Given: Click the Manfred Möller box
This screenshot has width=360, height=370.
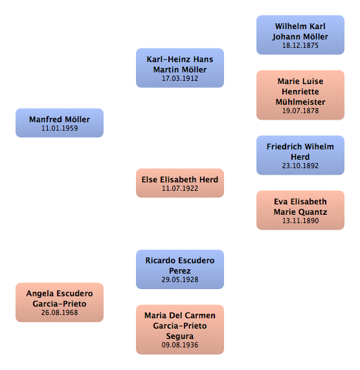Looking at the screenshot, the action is (x=60, y=123).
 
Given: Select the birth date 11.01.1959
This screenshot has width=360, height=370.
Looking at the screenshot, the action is (x=60, y=128).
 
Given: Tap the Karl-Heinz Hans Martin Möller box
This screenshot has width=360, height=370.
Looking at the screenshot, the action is (x=180, y=68).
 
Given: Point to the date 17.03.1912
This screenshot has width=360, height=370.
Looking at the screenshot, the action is (x=180, y=78).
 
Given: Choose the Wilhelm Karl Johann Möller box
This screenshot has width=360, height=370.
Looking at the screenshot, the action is (x=300, y=35).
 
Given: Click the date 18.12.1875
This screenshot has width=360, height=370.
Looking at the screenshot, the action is (x=300, y=45).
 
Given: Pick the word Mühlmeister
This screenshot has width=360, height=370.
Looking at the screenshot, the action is (x=300, y=102).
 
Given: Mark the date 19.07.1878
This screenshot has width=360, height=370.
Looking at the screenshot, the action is (x=300, y=111).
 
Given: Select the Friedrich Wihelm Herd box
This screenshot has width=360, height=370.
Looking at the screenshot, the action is (x=300, y=155).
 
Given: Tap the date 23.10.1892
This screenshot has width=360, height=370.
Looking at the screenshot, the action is (x=300, y=166).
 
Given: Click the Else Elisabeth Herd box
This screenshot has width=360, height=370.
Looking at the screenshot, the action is (x=180, y=183).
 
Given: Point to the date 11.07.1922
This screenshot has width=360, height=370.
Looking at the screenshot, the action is (x=180, y=188).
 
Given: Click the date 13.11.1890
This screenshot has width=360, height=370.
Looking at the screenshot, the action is (x=300, y=221).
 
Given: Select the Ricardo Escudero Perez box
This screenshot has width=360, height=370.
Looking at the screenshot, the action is (x=180, y=270).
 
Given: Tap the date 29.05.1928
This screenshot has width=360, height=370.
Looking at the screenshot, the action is (x=180, y=279).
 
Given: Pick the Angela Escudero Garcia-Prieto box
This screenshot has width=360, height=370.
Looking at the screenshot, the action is (x=60, y=303).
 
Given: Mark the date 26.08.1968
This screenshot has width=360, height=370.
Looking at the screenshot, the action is (x=60, y=312).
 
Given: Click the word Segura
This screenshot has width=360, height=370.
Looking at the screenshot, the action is (x=180, y=336).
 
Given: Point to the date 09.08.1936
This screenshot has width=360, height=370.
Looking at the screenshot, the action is (x=180, y=345).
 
